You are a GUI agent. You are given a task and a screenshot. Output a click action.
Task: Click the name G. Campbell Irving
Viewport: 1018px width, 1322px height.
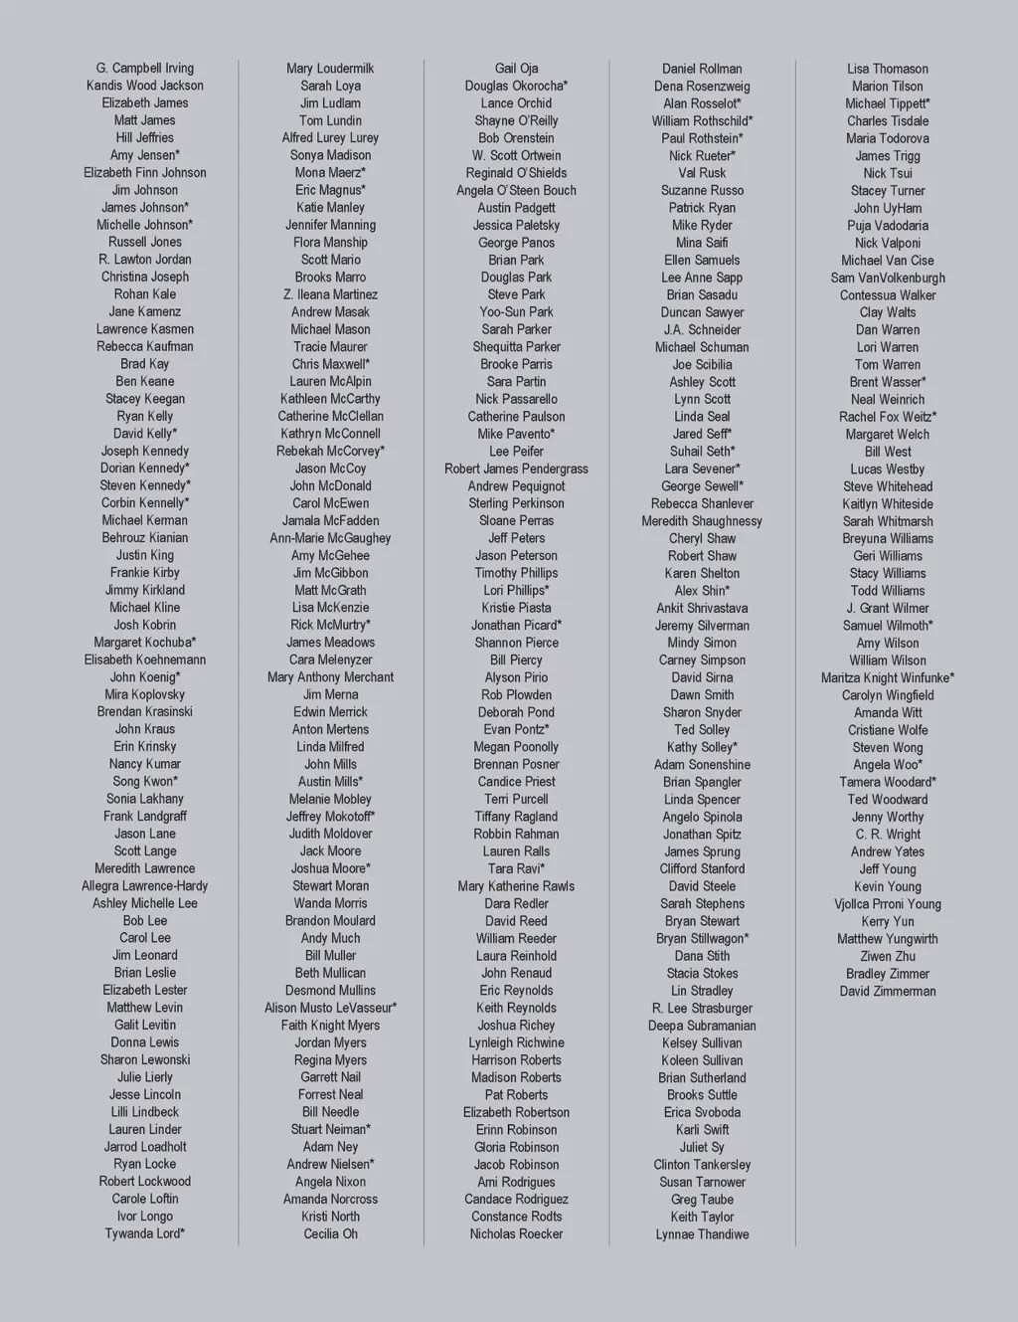[x=145, y=69]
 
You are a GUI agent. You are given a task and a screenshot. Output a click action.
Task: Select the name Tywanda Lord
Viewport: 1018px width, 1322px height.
[x=145, y=1233]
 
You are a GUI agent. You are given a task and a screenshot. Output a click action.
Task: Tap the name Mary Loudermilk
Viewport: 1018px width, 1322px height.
[x=330, y=69]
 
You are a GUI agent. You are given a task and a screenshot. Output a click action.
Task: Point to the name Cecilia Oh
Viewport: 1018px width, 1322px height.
[x=330, y=1233]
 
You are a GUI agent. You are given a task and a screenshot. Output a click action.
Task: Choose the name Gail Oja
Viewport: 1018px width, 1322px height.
[x=516, y=69]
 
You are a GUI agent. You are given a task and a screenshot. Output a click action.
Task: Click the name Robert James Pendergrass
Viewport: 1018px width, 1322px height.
[x=516, y=469]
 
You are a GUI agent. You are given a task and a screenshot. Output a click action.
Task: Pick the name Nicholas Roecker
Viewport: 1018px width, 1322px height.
[x=516, y=1233]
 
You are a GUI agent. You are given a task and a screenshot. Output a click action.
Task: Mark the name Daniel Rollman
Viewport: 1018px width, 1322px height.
[x=702, y=69]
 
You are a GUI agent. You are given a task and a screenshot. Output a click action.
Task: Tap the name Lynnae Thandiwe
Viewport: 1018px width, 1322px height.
[x=702, y=1234]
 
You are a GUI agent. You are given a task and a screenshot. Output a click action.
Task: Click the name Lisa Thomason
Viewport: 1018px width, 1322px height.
[x=888, y=69]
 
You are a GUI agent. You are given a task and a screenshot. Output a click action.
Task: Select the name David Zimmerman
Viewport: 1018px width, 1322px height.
[x=888, y=991]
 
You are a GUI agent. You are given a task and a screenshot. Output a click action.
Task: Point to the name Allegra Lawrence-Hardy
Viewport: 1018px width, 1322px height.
[x=145, y=885]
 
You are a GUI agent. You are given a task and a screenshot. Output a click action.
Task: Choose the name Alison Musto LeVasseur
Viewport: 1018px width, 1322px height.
[x=330, y=1008]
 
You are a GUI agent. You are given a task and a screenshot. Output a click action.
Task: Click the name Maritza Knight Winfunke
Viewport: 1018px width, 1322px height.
[x=888, y=677]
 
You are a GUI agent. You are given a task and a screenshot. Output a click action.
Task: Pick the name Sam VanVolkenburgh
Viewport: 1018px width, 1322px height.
[x=888, y=278]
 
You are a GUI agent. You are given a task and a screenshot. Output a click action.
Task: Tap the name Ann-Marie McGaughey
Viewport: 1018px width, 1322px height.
[x=330, y=538]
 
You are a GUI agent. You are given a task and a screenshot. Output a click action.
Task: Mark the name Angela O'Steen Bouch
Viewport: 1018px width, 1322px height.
[x=516, y=190]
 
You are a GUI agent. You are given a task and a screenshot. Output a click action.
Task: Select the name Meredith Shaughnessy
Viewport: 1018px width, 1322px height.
[x=702, y=521]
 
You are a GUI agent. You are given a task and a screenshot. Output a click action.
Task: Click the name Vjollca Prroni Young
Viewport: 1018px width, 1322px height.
[x=888, y=904]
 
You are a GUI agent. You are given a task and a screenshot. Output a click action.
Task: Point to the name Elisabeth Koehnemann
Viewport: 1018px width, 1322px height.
[x=145, y=660]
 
